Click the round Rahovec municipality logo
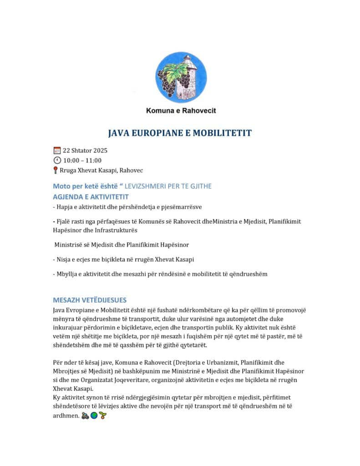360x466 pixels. [181, 77]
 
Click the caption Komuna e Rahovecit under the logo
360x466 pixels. [181, 111]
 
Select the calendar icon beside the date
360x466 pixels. [57, 150]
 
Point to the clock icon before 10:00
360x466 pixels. [57, 160]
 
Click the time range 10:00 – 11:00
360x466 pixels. [82, 160]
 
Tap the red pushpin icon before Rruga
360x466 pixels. [56, 170]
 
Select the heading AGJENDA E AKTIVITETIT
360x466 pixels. [91, 197]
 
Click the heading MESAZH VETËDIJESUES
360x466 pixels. [90, 300]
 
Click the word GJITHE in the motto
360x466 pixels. [200, 186]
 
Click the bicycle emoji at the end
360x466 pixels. [85, 415]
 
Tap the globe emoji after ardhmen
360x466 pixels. [94, 415]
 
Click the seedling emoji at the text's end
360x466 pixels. [102, 415]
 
